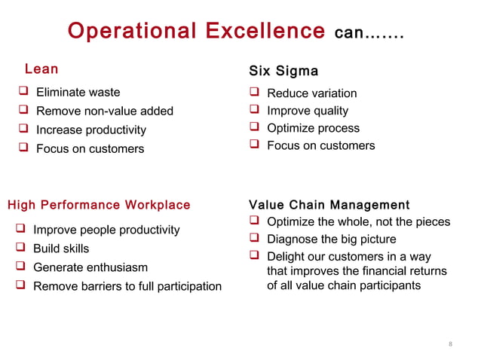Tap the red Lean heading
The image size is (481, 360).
pyautogui.click(x=41, y=69)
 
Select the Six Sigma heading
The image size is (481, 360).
pyautogui.click(x=283, y=71)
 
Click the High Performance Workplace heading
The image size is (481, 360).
pyautogui.click(x=99, y=205)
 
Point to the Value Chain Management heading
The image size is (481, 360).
pyautogui.click(x=329, y=205)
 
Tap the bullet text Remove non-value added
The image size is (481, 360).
pyautogui.click(x=105, y=111)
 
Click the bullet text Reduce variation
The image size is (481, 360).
pyautogui.click(x=312, y=93)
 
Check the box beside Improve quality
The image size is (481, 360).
pyautogui.click(x=254, y=111)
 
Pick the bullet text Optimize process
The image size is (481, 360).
pyautogui.click(x=314, y=128)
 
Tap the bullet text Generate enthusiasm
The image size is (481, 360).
pyautogui.click(x=90, y=267)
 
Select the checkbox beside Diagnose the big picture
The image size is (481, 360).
pyautogui.click(x=254, y=239)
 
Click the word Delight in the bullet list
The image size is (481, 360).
pyautogui.click(x=286, y=257)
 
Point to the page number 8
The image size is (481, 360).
pyautogui.click(x=450, y=345)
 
